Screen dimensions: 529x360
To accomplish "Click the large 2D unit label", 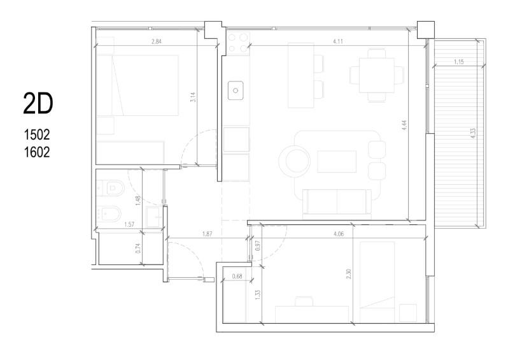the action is [x=38, y=103].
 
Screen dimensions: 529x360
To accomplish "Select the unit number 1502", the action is [x=37, y=134].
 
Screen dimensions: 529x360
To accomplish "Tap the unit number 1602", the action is [x=37, y=152].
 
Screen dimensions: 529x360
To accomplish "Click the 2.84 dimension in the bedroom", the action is [x=156, y=41].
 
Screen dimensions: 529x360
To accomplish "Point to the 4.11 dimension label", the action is [x=338, y=41].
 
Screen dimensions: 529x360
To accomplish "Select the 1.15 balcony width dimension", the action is [x=459, y=62].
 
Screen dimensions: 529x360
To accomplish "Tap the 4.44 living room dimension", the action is [x=405, y=126].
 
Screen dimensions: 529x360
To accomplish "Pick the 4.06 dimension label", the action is [x=339, y=233].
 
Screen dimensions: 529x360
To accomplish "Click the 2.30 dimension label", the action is [x=349, y=273].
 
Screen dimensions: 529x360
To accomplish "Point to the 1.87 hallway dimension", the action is [x=207, y=233].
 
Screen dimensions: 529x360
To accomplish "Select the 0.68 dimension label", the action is [x=237, y=277].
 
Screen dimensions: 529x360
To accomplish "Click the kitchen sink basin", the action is [x=236, y=90].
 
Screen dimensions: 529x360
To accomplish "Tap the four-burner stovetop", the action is [x=238, y=43].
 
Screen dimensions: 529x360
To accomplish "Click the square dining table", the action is [x=376, y=75].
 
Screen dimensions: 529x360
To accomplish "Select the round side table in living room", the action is [x=294, y=161].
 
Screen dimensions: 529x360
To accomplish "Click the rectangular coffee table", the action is [x=337, y=161].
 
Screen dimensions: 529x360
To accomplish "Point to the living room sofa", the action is [x=337, y=202].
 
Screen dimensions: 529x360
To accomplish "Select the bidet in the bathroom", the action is [x=109, y=213].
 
